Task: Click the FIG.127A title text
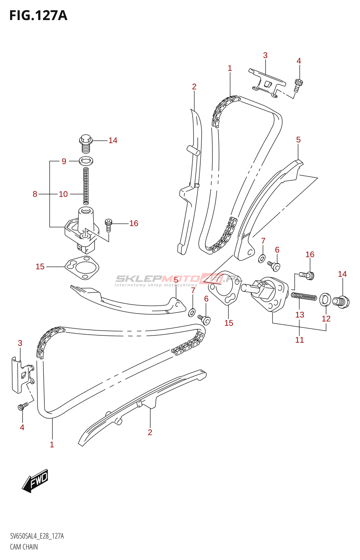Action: pos(38,15)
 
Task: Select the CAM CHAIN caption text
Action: pos(24,547)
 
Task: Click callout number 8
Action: pos(35,194)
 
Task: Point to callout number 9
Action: pos(64,161)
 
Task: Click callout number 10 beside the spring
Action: pos(63,194)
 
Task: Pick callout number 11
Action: pos(299,340)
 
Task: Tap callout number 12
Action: pos(326,318)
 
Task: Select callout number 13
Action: pos(300,315)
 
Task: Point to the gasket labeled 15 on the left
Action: pos(82,267)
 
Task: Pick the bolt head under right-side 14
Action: pos(341,302)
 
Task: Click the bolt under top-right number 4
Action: pos(298,85)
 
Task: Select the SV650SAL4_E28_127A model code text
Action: pos(37,536)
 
